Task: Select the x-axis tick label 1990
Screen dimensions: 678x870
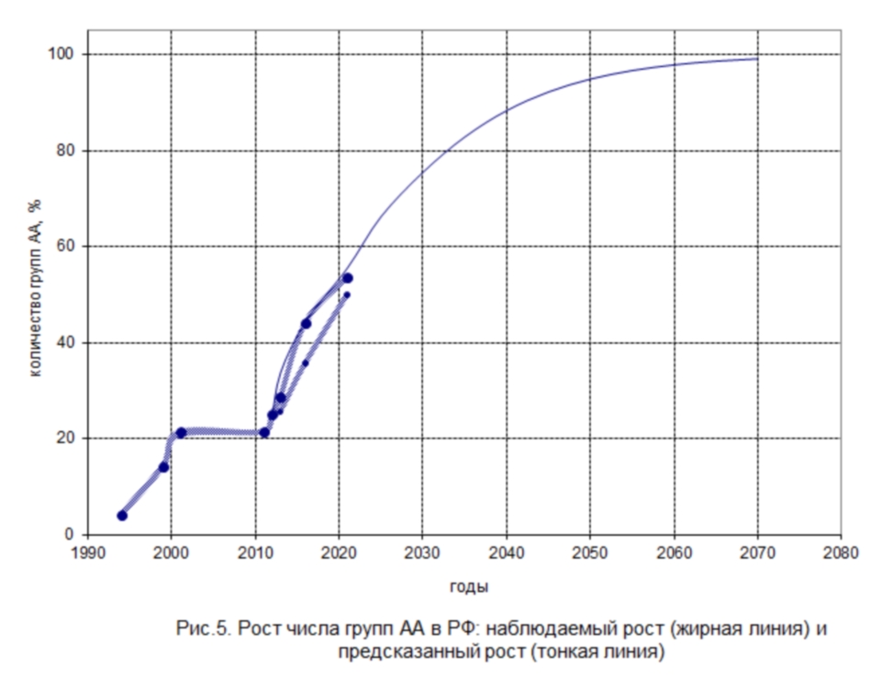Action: (87, 553)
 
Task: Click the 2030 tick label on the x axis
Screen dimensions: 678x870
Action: (422, 553)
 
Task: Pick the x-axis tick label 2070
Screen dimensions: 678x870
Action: (758, 553)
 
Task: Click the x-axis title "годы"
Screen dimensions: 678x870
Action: (469, 586)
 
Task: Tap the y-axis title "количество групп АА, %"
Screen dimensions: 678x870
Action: (37, 294)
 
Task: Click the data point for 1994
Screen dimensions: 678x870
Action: (122, 516)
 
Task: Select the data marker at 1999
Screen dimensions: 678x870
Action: (163, 467)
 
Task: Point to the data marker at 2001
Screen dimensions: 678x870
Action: (181, 432)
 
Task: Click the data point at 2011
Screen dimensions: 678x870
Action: (264, 432)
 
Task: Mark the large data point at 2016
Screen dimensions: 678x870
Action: (307, 323)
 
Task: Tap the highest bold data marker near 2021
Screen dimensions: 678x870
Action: (348, 278)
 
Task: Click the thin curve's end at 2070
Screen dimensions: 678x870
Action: (758, 59)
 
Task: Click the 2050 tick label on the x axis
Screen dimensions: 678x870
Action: (590, 553)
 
